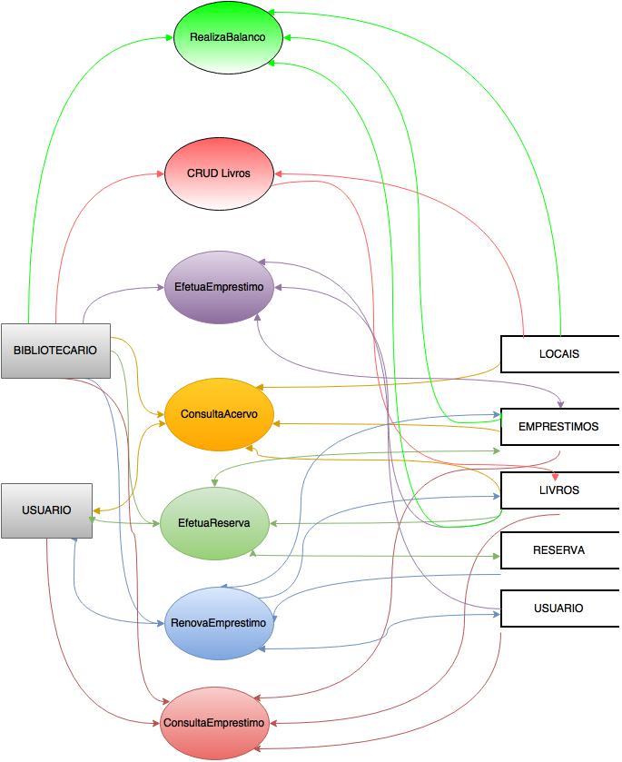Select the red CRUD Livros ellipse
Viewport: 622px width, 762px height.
click(219, 173)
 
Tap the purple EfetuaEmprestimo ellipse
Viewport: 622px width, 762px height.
click(219, 287)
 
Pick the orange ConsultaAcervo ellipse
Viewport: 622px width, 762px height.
click(219, 414)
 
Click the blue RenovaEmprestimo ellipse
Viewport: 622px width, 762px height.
click(219, 623)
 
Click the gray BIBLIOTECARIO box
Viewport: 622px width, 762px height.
click(55, 350)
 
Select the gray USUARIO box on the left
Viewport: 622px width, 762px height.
click(46, 510)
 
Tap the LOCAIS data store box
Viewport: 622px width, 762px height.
click(559, 354)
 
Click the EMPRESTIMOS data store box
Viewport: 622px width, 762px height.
click(559, 427)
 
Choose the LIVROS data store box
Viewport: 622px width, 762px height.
click(559, 490)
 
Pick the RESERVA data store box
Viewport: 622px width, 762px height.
click(559, 550)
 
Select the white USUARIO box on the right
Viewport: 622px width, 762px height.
click(559, 609)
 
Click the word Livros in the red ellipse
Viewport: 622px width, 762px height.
click(235, 173)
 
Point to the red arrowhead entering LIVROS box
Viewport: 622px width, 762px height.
click(556, 478)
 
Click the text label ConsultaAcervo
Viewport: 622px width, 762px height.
click(219, 414)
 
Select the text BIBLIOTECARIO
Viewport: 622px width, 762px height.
click(55, 350)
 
